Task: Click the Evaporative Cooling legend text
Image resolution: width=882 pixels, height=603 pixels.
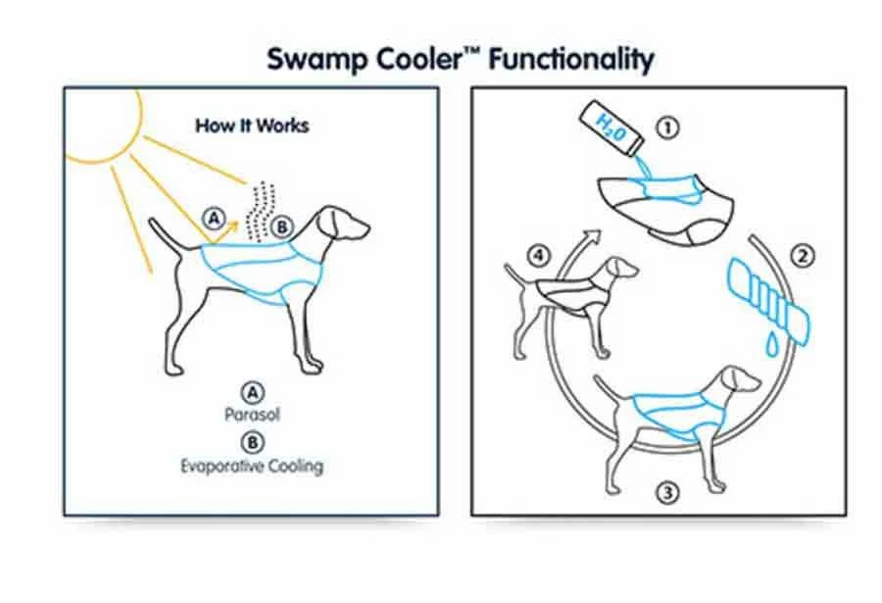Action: (251, 466)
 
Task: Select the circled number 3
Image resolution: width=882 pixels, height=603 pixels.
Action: (667, 491)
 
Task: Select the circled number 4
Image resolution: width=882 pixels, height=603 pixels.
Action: (536, 258)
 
